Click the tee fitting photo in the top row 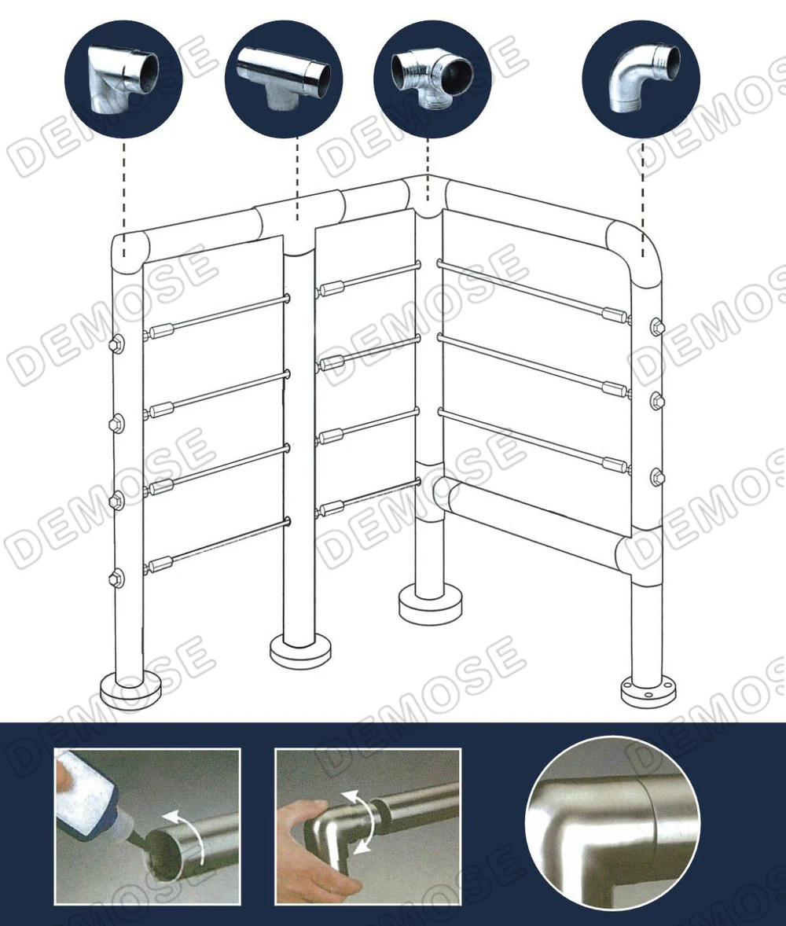284,76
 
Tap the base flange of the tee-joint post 300,649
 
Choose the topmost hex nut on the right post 657,326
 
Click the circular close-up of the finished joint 612,822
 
